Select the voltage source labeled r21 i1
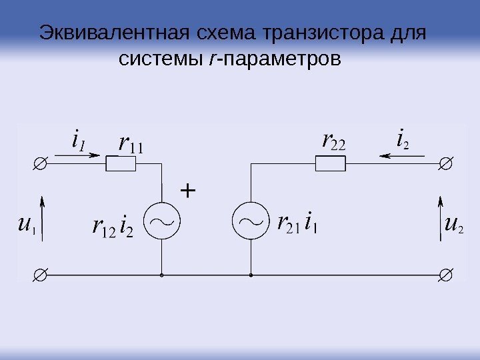(x=250, y=221)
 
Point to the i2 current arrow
(x=401, y=156)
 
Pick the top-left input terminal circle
(x=40, y=163)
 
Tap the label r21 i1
(x=297, y=222)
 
